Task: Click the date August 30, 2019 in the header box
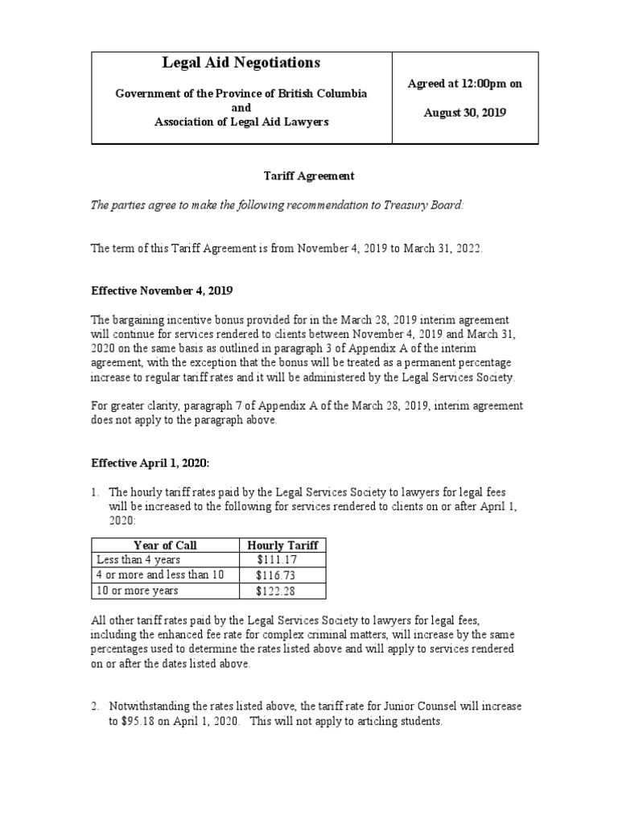click(x=465, y=113)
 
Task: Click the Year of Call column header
click(x=165, y=545)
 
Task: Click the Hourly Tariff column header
click(x=282, y=545)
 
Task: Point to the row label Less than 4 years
click(x=138, y=559)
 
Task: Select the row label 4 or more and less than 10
click(x=160, y=575)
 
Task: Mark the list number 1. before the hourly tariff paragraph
click(x=95, y=492)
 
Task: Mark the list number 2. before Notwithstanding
click(x=95, y=707)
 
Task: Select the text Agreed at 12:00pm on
click(x=465, y=84)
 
